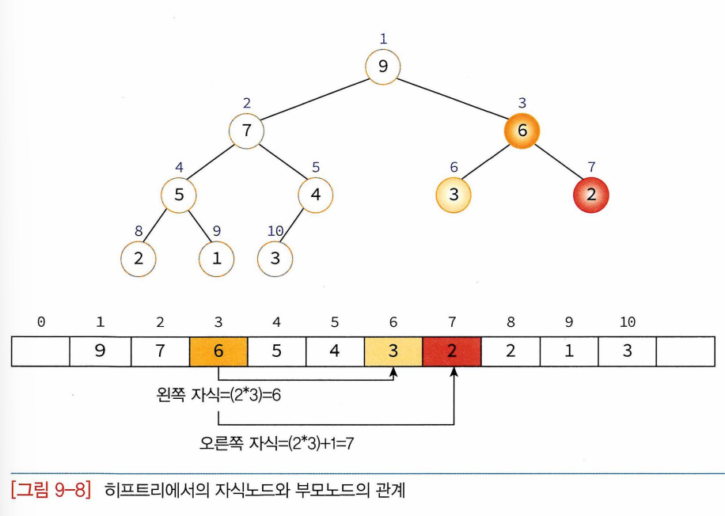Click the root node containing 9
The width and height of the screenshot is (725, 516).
coord(383,66)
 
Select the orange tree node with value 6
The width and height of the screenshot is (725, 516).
coord(521,131)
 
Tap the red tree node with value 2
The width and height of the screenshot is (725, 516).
coord(590,195)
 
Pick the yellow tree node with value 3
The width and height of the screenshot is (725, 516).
coord(453,195)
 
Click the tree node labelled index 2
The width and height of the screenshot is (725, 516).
coord(246,131)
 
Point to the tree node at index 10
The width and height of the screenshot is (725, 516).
coord(275,258)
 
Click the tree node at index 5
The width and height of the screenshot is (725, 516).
coord(316,195)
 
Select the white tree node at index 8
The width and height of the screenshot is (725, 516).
coord(139,258)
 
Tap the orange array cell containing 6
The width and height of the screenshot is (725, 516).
coord(218,351)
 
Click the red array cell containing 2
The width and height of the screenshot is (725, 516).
coord(452,351)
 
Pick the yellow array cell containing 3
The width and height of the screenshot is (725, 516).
coord(393,351)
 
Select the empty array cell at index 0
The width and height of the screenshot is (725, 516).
coord(41,351)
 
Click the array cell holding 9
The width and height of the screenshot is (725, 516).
coord(101,351)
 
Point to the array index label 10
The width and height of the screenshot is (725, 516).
coord(628,323)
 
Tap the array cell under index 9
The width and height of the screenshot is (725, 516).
coord(568,351)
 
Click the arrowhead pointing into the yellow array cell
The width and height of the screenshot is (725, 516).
coord(395,371)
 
